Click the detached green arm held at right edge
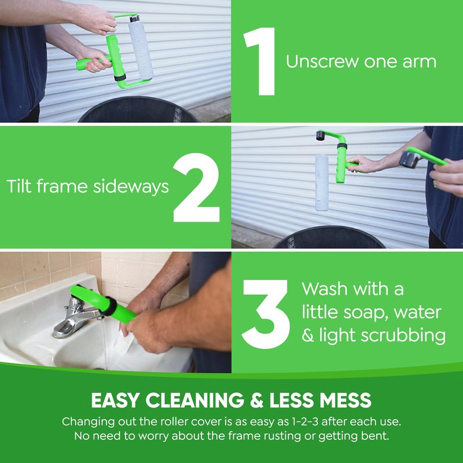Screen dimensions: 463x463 point(427,157)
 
